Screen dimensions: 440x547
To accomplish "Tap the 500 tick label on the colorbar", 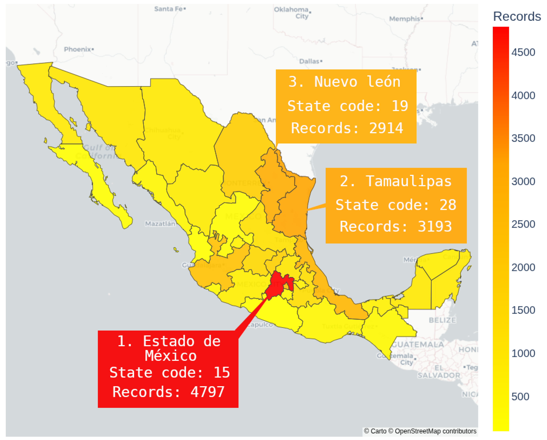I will [520, 397].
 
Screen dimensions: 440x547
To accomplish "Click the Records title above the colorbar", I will [517, 17].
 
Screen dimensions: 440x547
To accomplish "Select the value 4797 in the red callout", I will [207, 392].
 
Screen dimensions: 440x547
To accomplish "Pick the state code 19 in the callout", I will [400, 106].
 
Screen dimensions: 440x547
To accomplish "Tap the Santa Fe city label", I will [169, 9].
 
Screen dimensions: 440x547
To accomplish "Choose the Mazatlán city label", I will [160, 224].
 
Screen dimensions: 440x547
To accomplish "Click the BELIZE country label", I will [442, 320].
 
